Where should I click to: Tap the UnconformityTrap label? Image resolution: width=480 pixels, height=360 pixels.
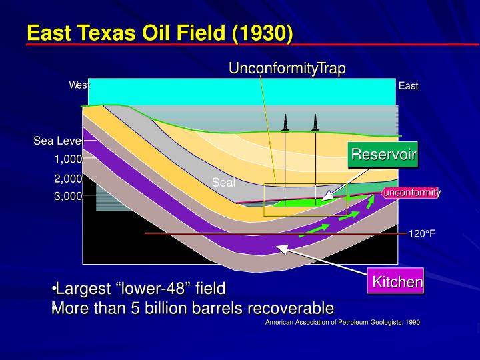coord(287,68)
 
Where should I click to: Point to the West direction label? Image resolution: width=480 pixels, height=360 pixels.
coord(79,85)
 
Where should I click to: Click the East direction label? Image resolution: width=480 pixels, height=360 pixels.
coord(408,86)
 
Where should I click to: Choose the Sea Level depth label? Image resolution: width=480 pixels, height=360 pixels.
coord(58,141)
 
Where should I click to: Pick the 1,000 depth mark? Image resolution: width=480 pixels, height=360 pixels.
coord(68,159)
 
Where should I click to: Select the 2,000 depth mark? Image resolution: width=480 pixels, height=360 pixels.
coord(68,178)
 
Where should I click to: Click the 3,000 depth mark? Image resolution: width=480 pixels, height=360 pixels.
coord(68,196)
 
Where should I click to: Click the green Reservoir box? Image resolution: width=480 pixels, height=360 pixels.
coord(384,155)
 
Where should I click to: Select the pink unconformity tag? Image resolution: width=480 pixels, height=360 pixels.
coord(411,193)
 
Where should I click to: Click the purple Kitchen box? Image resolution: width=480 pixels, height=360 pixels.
coord(397,282)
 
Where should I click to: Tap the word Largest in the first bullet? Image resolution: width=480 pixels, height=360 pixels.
coord(85,289)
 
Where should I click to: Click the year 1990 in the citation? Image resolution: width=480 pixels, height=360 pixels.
coord(413,322)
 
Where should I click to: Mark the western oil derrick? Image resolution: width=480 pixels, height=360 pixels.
coord(285,123)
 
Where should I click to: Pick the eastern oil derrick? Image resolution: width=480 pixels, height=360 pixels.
coord(315,123)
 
